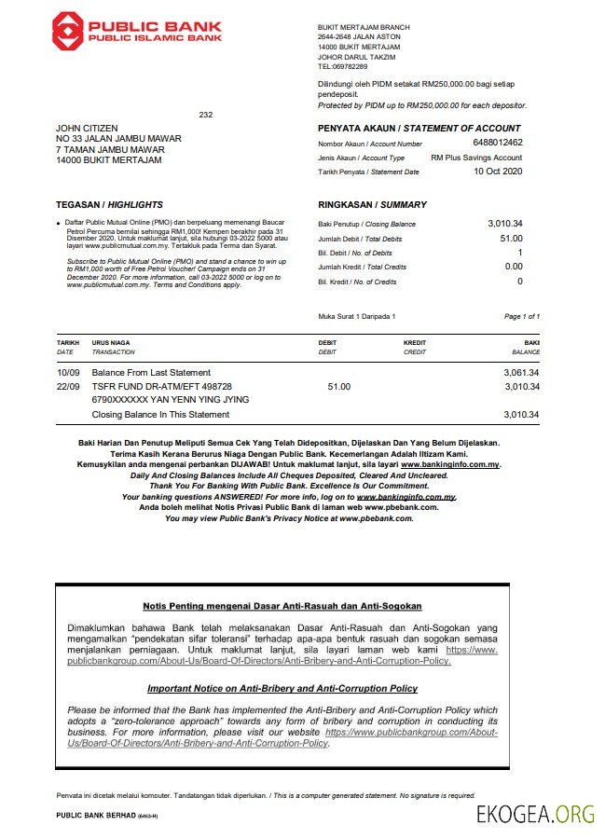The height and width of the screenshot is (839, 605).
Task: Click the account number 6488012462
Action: coord(498,143)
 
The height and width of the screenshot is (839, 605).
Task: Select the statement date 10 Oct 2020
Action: coord(498,171)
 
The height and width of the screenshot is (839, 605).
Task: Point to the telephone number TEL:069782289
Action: coord(342,66)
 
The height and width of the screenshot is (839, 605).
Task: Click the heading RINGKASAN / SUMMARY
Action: coord(372,204)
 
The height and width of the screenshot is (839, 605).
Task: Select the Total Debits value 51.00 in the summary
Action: coord(511,239)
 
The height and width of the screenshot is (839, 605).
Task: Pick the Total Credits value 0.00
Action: coord(513,267)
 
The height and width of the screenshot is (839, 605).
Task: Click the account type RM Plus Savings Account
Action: coord(476,158)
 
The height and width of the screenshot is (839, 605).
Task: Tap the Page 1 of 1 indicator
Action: coord(521,317)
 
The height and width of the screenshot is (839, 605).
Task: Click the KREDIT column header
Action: coord(414,343)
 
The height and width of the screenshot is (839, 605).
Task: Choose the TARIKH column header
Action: coord(67,343)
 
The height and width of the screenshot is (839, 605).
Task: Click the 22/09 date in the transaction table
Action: coord(67,386)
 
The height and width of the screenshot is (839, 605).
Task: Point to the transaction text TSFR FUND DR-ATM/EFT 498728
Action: coord(161,386)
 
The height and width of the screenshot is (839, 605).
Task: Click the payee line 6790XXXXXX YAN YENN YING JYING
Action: coord(171,400)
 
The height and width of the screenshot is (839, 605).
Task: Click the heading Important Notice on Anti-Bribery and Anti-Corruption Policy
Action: coord(282,688)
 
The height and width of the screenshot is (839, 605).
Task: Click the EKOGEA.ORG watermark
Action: coord(535,814)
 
